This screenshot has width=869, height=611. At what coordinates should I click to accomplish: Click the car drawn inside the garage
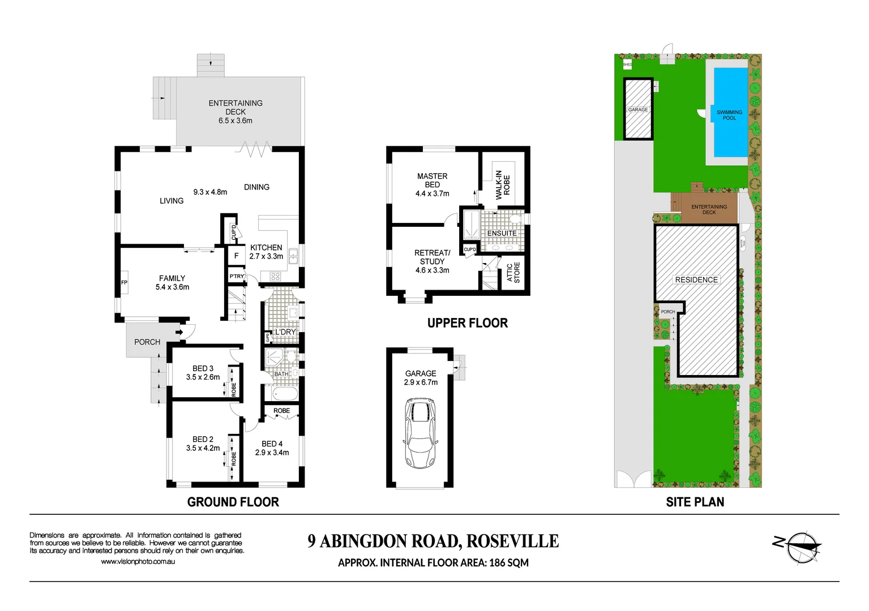[420, 433]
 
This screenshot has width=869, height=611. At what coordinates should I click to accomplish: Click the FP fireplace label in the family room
[124, 282]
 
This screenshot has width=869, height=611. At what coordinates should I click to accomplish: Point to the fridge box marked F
[236, 256]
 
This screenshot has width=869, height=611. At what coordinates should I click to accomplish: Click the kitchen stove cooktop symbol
[276, 277]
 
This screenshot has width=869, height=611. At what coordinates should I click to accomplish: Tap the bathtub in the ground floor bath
[281, 393]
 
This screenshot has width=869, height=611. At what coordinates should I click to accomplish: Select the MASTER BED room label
[432, 180]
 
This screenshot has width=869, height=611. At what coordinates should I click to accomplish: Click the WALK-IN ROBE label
[503, 184]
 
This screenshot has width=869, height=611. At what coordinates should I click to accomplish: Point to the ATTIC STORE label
[513, 272]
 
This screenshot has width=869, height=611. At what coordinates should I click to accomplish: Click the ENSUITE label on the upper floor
[502, 233]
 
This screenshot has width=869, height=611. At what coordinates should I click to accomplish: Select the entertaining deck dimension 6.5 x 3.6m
[236, 121]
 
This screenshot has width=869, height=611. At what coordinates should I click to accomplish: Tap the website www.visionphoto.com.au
[138, 561]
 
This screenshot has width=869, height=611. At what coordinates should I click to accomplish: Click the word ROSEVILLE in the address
[512, 541]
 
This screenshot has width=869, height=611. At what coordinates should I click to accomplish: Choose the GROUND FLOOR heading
[233, 502]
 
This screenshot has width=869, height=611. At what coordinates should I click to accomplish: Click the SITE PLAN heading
[695, 502]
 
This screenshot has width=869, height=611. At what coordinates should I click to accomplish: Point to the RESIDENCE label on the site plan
[696, 279]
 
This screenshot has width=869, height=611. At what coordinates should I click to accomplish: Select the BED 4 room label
[272, 444]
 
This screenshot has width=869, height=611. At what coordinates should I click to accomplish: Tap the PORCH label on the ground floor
[147, 342]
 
